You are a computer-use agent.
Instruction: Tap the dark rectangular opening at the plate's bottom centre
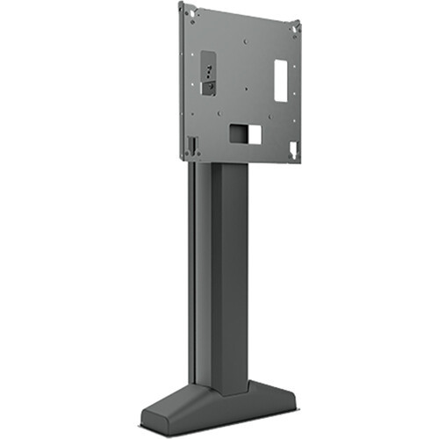coord(239,133)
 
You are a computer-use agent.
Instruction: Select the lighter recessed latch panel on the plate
coord(208,73)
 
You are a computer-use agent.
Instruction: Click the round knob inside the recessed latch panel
coord(207,86)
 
